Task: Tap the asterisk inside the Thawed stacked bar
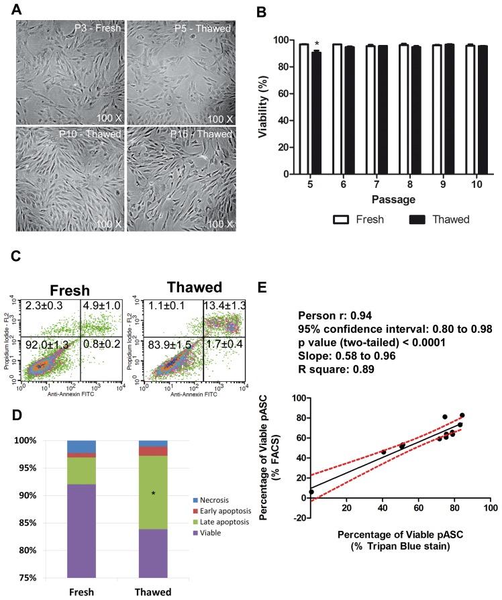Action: [153, 493]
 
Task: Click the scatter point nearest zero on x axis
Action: [311, 492]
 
